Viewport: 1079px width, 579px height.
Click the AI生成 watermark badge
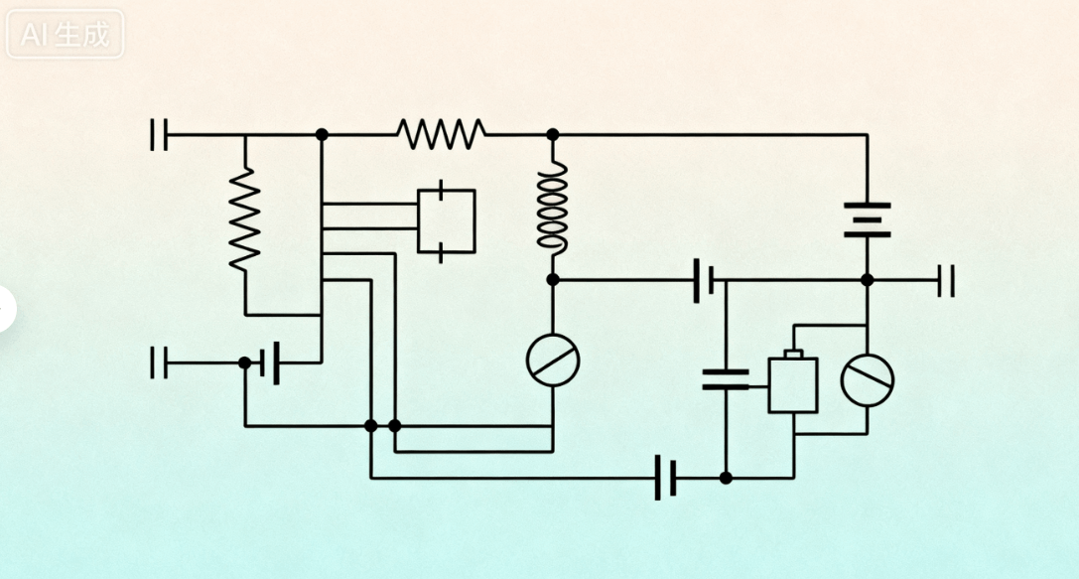click(66, 35)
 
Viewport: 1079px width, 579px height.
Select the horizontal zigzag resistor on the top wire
click(441, 133)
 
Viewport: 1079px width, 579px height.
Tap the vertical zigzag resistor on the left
click(244, 217)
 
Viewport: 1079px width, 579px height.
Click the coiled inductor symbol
click(553, 208)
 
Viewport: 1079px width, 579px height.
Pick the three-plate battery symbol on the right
click(867, 220)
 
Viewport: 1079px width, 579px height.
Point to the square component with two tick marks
click(446, 220)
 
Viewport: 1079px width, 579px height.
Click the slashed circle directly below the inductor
click(553, 359)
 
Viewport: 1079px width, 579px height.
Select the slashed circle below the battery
click(867, 378)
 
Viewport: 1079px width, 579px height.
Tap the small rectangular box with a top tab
click(793, 383)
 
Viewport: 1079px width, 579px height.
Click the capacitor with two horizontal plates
click(726, 378)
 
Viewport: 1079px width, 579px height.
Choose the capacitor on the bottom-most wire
click(666, 478)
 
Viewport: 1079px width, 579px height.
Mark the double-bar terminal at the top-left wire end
click(159, 134)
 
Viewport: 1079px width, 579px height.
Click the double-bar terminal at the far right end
click(946, 280)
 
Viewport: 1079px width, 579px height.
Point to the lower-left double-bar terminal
click(159, 362)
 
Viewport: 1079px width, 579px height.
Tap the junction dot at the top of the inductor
click(553, 134)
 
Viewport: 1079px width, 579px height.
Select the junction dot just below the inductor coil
click(553, 280)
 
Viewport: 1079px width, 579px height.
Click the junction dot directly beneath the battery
click(867, 280)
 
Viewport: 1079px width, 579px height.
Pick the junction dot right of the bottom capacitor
click(726, 478)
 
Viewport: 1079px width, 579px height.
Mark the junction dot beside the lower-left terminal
click(245, 362)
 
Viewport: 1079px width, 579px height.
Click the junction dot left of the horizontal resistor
click(321, 134)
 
